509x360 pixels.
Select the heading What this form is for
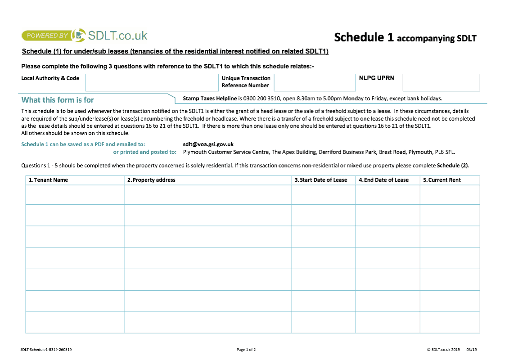pyautogui.click(x=58, y=100)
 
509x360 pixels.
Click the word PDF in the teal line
pyautogui.click(x=99, y=144)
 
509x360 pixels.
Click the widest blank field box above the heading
pyautogui.click(x=152, y=83)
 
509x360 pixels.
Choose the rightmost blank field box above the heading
pyautogui.click(x=441, y=83)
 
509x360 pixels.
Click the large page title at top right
pyautogui.click(x=405, y=38)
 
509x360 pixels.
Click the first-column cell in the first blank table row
pyautogui.click(x=75, y=194)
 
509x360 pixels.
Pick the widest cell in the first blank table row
pyautogui.click(x=207, y=194)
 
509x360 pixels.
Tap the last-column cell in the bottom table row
pyautogui.click(x=450, y=323)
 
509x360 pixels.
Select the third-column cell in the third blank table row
pyautogui.click(x=323, y=237)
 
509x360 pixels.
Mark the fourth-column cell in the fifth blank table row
pyautogui.click(x=387, y=279)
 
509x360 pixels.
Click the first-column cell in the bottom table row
pyautogui.click(x=75, y=323)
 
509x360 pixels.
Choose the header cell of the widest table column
pyautogui.click(x=207, y=180)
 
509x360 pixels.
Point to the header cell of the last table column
pyautogui.click(x=450, y=180)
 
